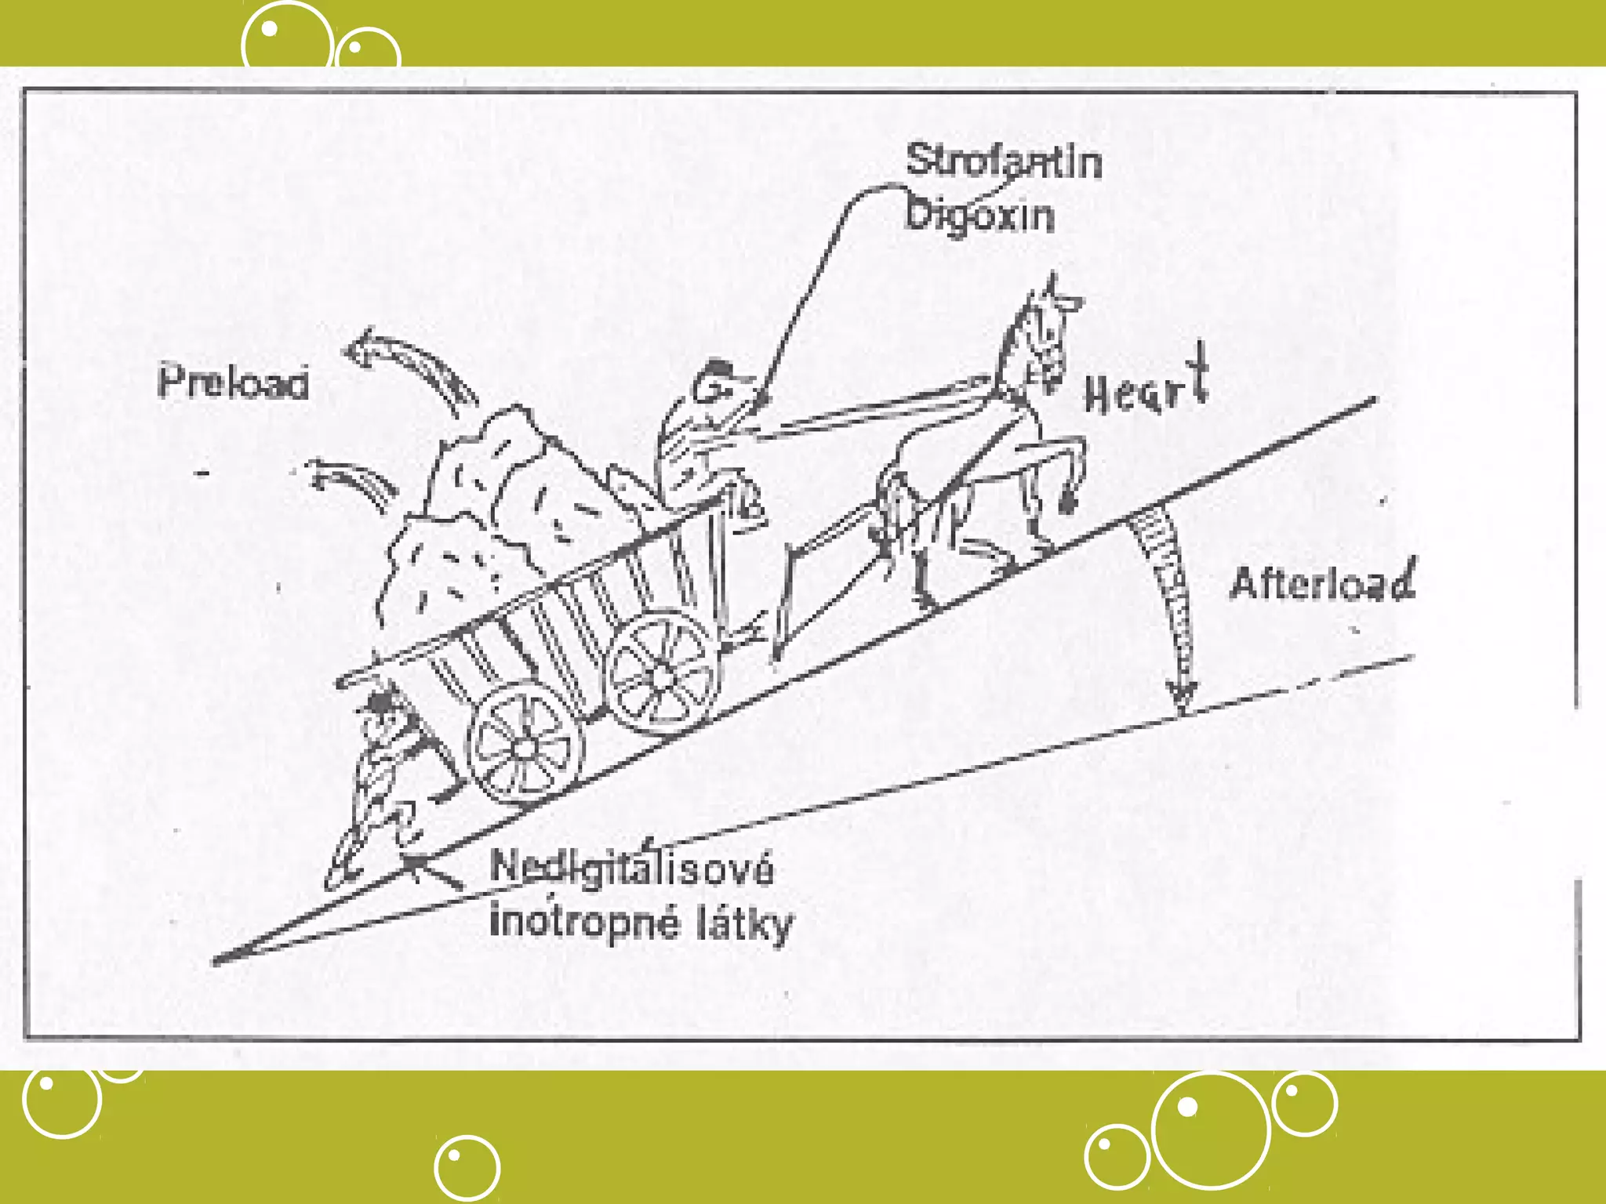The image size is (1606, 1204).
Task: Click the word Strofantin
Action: (x=1003, y=161)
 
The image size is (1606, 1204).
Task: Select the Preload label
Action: (x=233, y=383)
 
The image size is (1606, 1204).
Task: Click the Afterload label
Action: (x=1322, y=583)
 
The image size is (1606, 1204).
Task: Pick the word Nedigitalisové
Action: (x=632, y=868)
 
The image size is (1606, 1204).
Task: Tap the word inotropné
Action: (x=583, y=922)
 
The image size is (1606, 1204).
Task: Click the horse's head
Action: (x=1047, y=329)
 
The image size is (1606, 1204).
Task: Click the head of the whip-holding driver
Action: (x=715, y=384)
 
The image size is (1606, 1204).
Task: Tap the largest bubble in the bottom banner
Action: (x=1210, y=1128)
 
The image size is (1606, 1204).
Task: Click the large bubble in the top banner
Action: (x=287, y=39)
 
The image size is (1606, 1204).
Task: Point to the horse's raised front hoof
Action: (x=1066, y=502)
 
